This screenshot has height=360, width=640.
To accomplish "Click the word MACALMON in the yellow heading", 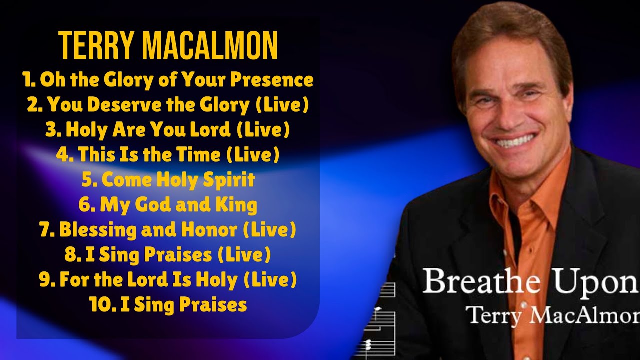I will pos(209,46).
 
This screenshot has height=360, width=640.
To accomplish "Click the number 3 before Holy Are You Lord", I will pos(51,130).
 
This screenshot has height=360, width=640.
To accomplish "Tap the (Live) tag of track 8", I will pos(244,255).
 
